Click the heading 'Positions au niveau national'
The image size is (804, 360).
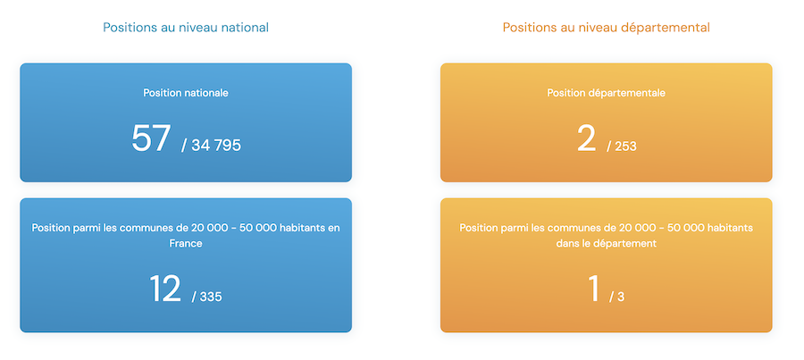pyautogui.click(x=186, y=27)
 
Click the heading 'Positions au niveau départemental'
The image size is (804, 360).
pyautogui.click(x=606, y=28)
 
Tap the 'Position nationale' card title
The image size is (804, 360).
pyautogui.click(x=186, y=93)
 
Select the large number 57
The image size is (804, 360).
pyautogui.click(x=151, y=138)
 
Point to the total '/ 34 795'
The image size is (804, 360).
pyautogui.click(x=211, y=145)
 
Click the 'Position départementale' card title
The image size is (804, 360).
pyautogui.click(x=606, y=93)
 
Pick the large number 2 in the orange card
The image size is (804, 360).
pyautogui.click(x=587, y=138)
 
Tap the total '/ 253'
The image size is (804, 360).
pyautogui.click(x=622, y=147)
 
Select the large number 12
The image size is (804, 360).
pyautogui.click(x=165, y=289)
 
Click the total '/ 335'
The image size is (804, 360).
pyautogui.click(x=207, y=297)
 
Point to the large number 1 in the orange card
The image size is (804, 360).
pyautogui.click(x=594, y=289)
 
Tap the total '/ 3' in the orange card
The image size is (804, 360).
pyautogui.click(x=616, y=297)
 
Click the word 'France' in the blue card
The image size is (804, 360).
pyautogui.click(x=186, y=244)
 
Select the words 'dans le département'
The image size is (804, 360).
pyautogui.click(x=606, y=244)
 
